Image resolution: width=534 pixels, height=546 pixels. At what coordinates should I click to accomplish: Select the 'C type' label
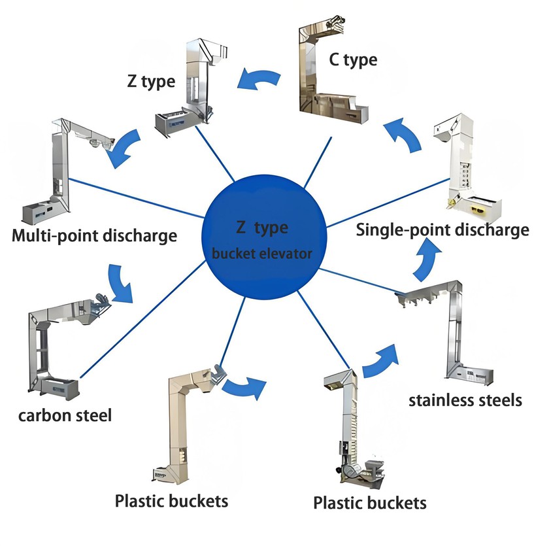354,60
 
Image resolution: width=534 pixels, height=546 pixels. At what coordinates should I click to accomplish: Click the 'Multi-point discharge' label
95,235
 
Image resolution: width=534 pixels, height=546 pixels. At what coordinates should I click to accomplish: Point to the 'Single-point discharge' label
442,230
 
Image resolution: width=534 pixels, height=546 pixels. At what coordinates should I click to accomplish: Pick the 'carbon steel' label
65,415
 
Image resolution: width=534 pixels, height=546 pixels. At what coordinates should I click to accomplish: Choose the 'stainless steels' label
465,400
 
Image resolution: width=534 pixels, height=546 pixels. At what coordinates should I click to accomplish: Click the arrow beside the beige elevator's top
244,386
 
